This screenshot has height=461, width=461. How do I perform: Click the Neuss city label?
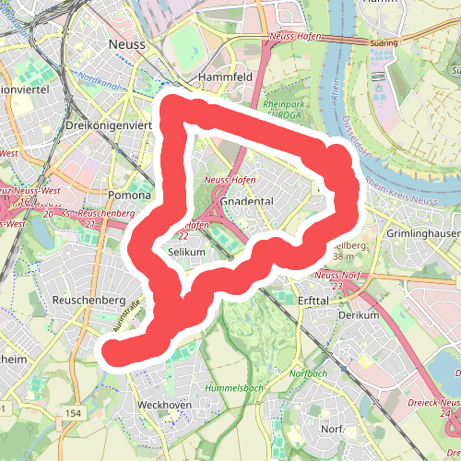coord(128,43)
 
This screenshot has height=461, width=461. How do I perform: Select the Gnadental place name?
coord(248,201)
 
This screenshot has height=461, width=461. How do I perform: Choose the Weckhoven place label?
coord(163,405)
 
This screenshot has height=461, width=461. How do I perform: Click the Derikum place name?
coord(359,315)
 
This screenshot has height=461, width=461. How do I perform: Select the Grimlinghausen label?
coord(425,233)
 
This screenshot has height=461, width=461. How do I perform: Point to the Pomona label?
coord(129,195)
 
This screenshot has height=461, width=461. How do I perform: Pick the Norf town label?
coord(332,430)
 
